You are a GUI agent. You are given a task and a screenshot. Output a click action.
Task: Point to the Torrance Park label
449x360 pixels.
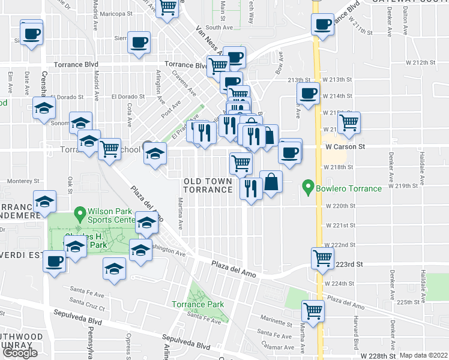point(197,304)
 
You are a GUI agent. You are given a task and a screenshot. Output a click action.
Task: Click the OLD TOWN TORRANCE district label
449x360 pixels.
point(208,185)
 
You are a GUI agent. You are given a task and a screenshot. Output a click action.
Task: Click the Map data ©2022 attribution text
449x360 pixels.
point(424,355)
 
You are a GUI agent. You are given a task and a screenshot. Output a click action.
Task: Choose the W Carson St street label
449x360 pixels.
point(345,146)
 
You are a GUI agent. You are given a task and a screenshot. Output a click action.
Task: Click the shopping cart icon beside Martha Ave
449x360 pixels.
point(313,310)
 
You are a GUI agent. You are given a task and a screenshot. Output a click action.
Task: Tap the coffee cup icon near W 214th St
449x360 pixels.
point(309,94)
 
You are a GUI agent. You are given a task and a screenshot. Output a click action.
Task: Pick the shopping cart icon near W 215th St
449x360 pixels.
point(349,122)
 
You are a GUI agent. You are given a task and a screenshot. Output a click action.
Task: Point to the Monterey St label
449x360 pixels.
point(22,180)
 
